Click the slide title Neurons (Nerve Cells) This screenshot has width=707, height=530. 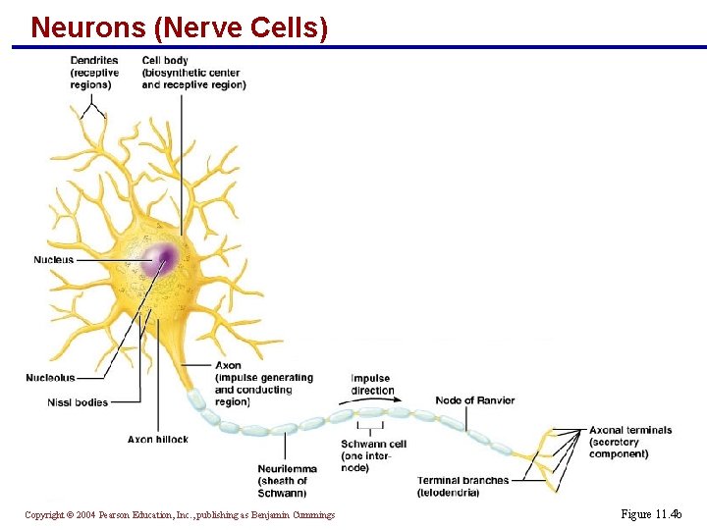tap(179, 26)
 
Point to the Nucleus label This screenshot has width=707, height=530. tap(53, 260)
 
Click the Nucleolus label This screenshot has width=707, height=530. tap(50, 378)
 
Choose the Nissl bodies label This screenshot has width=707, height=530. tap(78, 402)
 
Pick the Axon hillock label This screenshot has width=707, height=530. tap(157, 439)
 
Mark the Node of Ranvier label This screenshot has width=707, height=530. tap(474, 400)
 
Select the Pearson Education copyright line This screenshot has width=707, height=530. tap(180, 515)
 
